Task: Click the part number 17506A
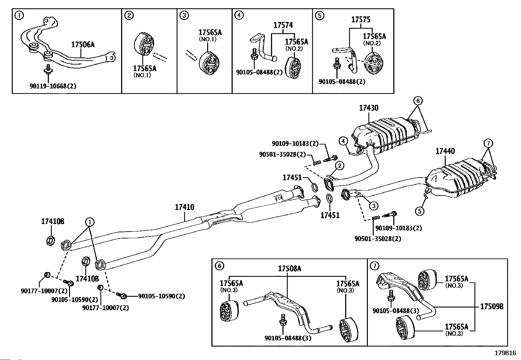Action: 83,45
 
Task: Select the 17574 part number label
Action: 283,25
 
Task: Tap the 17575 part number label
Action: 361,20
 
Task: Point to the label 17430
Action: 368,108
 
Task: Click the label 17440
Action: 445,151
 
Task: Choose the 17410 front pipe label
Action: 184,207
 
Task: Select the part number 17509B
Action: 492,307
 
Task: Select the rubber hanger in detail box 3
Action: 208,62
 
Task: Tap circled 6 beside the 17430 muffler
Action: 418,101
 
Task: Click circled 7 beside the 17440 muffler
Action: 488,143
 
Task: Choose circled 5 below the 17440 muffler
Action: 420,211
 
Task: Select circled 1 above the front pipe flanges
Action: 90,222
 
